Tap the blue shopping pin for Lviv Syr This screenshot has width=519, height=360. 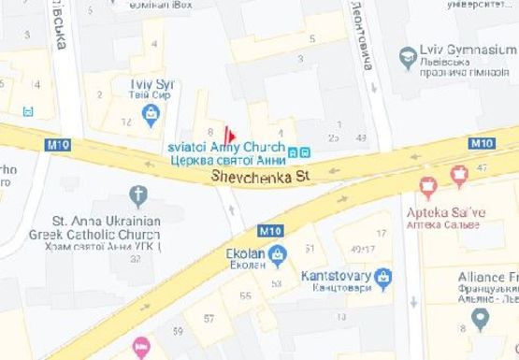coord(150,114)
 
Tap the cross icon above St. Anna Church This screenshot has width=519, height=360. coord(138,195)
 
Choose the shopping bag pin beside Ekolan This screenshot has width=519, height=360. coord(277,254)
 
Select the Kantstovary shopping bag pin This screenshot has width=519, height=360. coord(382,278)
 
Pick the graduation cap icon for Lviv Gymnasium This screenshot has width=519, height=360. coord(408,58)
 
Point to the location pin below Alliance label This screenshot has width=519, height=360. coord(481,319)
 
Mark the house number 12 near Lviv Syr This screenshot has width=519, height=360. coord(126,122)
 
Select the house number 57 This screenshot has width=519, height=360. coord(209,319)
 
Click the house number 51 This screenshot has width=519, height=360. coord(310,248)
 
